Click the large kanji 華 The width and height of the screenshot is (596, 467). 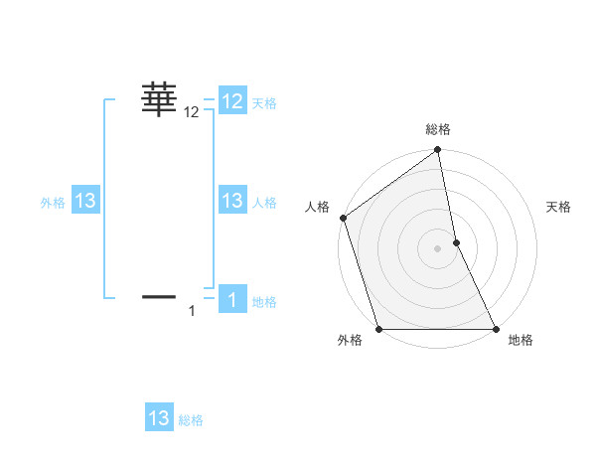click(x=159, y=100)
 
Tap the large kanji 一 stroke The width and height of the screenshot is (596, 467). click(x=159, y=296)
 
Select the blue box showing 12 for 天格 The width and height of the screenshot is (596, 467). click(x=232, y=101)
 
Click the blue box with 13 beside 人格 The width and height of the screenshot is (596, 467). click(x=232, y=201)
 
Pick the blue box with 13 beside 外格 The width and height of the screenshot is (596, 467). click(x=85, y=201)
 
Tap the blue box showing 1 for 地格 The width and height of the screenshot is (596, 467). click(x=232, y=301)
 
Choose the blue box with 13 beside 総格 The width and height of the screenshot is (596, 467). click(x=159, y=418)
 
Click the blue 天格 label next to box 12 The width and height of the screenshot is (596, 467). click(x=264, y=102)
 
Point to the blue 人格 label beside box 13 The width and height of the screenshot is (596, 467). click(x=264, y=202)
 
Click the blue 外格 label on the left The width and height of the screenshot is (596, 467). click(x=53, y=202)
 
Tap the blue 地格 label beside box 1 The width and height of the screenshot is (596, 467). click(x=264, y=302)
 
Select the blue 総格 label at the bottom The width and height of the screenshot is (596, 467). click(x=191, y=420)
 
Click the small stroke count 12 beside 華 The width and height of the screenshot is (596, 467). click(x=192, y=113)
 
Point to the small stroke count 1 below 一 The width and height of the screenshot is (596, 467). click(x=192, y=312)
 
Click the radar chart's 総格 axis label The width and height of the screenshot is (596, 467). click(x=438, y=129)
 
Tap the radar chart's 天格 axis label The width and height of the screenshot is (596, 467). click(x=559, y=207)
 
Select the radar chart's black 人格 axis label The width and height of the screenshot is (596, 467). click(x=317, y=207)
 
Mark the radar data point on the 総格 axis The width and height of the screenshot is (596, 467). click(x=438, y=151)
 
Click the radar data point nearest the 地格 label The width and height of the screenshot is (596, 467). click(x=496, y=329)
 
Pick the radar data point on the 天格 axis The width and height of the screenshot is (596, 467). click(x=456, y=242)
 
